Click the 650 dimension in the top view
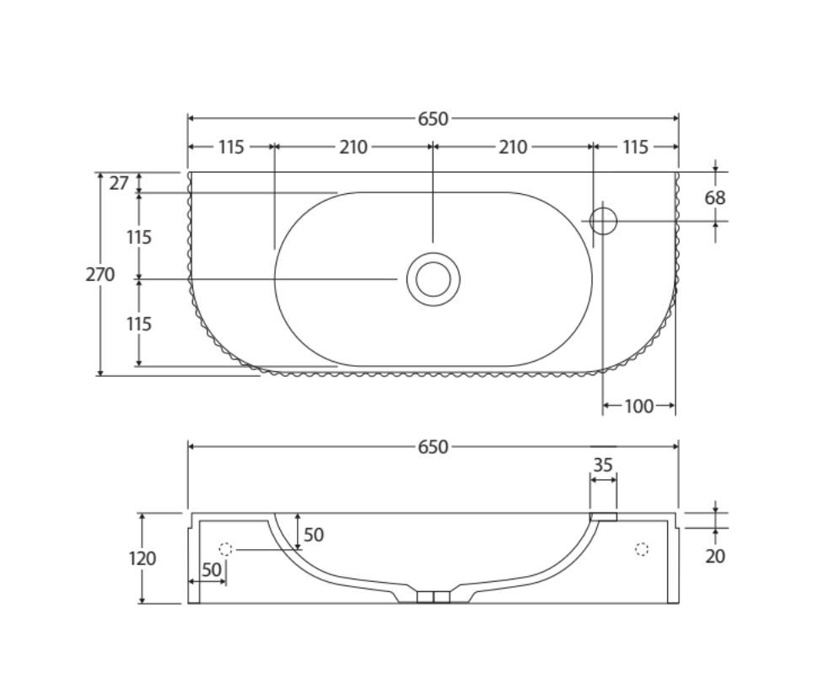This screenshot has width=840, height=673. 433,119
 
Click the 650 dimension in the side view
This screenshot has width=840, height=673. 433,447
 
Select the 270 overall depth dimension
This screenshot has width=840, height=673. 100,274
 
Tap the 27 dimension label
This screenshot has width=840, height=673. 119,182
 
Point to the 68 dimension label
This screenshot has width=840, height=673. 714,198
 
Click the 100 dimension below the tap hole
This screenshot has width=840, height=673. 638,406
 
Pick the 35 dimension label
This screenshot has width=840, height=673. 602,465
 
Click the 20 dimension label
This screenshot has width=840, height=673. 714,557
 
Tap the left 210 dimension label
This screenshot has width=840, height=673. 353,148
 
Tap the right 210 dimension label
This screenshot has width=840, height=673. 513,148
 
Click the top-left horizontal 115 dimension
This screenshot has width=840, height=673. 231,148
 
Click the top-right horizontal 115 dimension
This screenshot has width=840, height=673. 635,148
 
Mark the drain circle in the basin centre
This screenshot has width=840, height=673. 433,279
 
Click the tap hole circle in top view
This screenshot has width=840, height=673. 603,221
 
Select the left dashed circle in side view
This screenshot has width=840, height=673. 225,549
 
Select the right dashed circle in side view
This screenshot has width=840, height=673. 641,549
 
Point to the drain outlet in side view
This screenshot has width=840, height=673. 433,597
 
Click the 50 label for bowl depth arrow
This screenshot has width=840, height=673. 314,535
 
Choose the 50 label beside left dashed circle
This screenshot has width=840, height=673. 211,570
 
